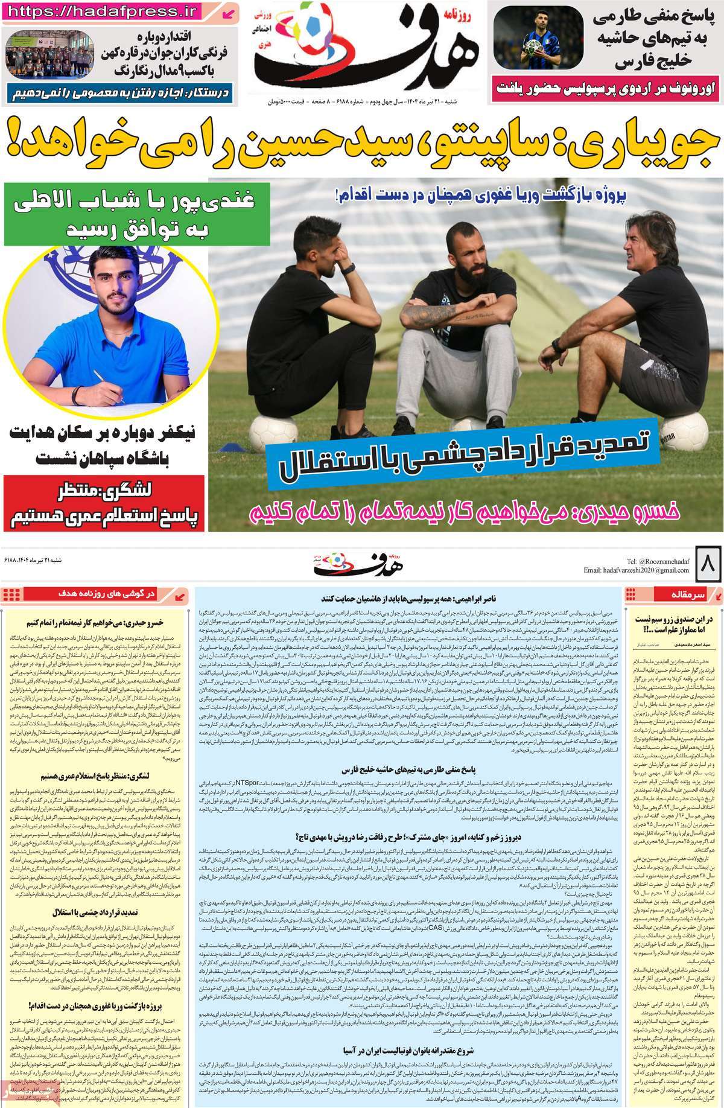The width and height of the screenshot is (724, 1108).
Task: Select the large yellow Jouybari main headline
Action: coord(362,145)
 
